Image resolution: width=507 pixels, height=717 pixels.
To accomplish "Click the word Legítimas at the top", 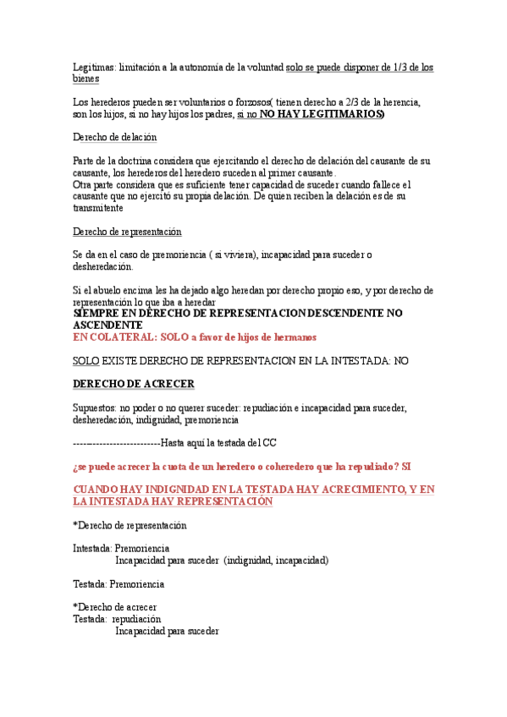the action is coord(93,67).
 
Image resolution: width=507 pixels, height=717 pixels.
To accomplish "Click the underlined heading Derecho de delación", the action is coord(115,137).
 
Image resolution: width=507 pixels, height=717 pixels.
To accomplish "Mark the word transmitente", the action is coord(98,207).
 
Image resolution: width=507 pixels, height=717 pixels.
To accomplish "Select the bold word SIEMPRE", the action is coord(97,313).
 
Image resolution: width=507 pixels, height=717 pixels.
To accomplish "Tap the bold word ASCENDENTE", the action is coord(107,325).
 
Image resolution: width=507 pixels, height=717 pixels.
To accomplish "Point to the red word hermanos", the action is coord(292,337).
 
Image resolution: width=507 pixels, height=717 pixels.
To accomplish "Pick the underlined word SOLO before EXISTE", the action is coord(85,360).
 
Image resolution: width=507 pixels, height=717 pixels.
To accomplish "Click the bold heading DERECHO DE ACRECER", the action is coord(134,384).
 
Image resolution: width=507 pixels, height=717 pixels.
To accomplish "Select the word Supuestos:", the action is coord(95,408).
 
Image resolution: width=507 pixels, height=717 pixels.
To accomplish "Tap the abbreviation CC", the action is coord(269,442).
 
